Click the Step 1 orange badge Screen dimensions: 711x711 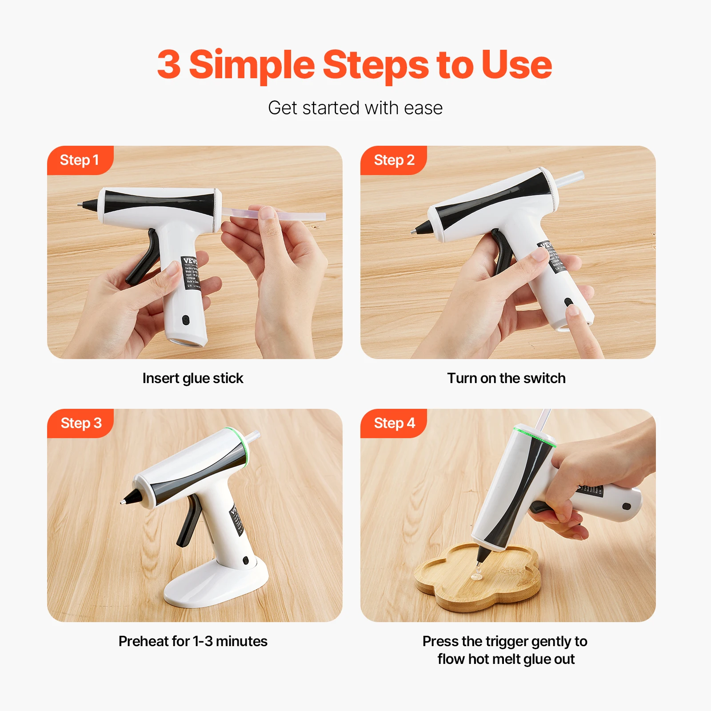79,160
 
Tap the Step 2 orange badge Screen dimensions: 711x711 394,160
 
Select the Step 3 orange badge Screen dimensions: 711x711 81,423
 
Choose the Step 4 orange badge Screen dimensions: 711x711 394,423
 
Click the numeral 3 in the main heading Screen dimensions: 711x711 169,65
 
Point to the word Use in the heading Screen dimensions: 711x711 516,65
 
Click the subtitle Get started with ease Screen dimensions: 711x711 355,108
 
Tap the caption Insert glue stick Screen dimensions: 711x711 193,378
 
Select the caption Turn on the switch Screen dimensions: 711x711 506,378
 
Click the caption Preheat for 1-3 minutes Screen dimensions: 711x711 193,641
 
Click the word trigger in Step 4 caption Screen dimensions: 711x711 507,641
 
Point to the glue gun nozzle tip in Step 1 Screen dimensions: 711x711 80,204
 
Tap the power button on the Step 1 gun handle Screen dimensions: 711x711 186,320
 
